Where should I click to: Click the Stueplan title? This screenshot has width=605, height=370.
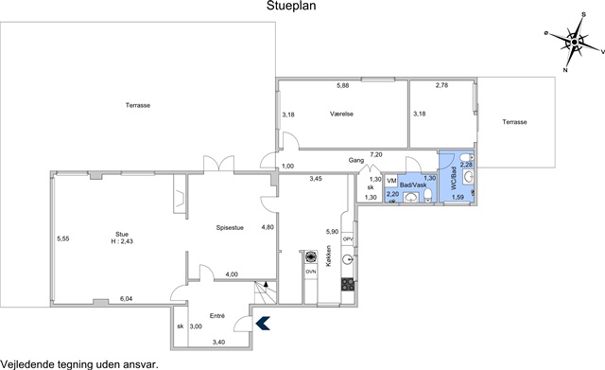(x=291, y=6)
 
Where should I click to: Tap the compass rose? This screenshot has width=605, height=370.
(x=575, y=42)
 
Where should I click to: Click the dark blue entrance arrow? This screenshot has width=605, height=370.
(x=263, y=324)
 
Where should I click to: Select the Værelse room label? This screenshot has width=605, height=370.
(x=341, y=114)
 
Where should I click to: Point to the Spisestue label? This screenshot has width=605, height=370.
(x=230, y=228)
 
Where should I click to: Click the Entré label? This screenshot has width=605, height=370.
(x=217, y=316)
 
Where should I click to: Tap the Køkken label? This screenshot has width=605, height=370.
(x=329, y=256)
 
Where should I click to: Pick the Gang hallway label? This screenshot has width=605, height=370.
(x=356, y=160)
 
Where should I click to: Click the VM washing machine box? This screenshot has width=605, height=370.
(x=391, y=181)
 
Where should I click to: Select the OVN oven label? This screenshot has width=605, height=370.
(x=311, y=272)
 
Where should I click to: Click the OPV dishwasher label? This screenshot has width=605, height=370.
(x=348, y=239)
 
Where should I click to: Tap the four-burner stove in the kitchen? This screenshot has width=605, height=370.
(x=348, y=285)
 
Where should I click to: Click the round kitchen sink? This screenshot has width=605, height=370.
(x=348, y=259)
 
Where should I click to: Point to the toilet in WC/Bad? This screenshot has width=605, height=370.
(x=467, y=158)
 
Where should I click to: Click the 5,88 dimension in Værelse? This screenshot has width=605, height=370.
(x=342, y=86)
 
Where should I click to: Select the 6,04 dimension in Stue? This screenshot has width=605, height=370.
(x=126, y=298)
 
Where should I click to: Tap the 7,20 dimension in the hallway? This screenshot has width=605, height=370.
(x=376, y=155)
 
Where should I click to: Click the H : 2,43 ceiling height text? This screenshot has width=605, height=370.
(x=122, y=241)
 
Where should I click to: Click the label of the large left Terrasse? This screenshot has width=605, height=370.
(x=138, y=105)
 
